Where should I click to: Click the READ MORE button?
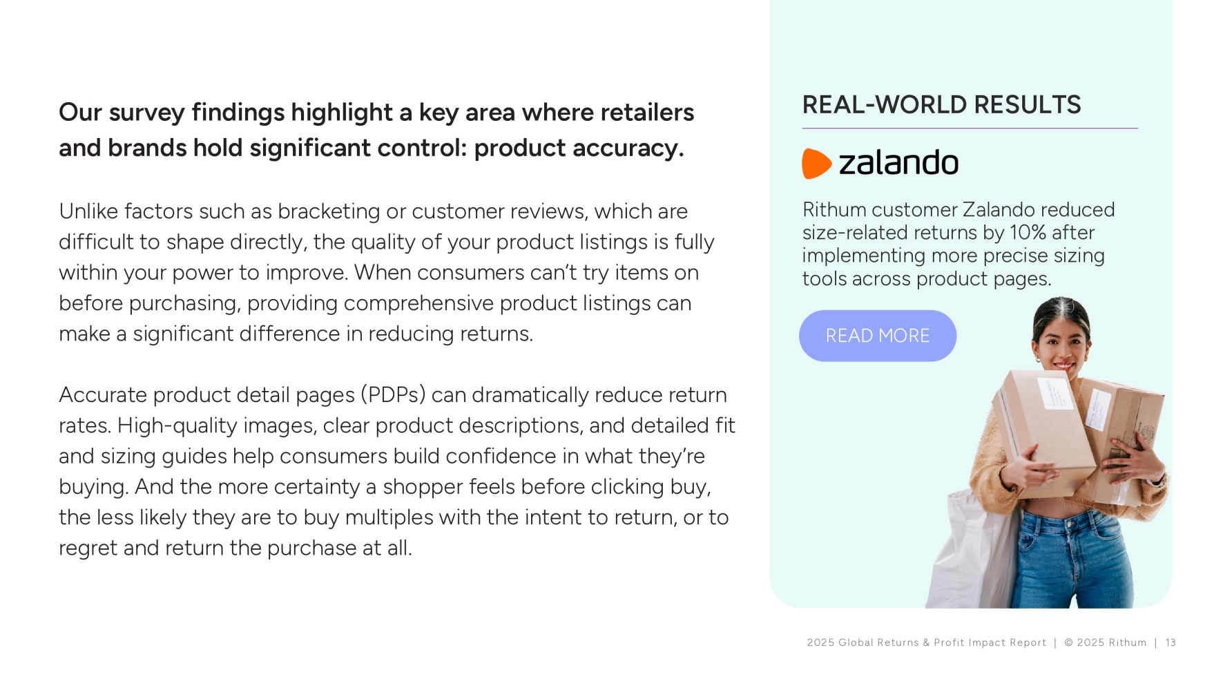(x=877, y=336)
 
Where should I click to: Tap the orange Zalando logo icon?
(x=816, y=164)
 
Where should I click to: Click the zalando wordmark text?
(x=898, y=163)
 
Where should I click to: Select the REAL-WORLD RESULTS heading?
(x=941, y=105)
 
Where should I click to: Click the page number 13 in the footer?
(x=1171, y=642)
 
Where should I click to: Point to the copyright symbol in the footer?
(x=1069, y=642)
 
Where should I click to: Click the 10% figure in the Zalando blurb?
(x=1028, y=233)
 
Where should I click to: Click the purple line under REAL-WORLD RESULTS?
(x=970, y=128)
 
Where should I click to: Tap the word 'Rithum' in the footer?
(x=1127, y=642)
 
